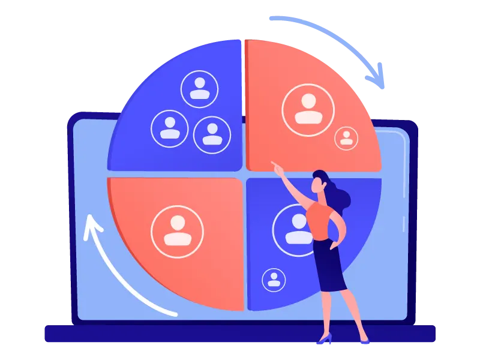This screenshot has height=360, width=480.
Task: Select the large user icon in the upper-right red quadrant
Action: pyautogui.click(x=308, y=109)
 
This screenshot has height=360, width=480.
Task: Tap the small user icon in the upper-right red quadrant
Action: pyautogui.click(x=346, y=137)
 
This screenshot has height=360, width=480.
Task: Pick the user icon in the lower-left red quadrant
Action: pyautogui.click(x=177, y=231)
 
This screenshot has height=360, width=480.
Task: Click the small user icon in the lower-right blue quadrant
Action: pyautogui.click(x=274, y=280)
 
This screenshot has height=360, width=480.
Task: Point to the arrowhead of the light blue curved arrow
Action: pyautogui.click(x=378, y=81)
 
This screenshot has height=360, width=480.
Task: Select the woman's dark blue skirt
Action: pyautogui.click(x=329, y=264)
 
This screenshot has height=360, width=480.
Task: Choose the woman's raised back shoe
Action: pyautogui.click(x=324, y=340)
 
